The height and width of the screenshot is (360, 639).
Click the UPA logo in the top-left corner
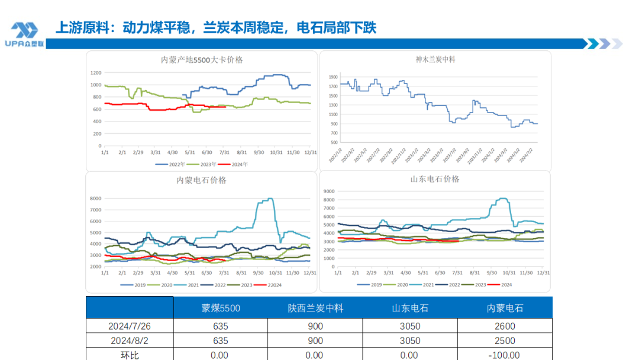click(x=24, y=34)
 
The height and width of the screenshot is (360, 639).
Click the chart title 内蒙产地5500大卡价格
click(x=202, y=60)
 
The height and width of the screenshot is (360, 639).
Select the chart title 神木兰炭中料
click(x=435, y=59)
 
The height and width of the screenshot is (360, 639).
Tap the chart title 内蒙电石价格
click(x=201, y=180)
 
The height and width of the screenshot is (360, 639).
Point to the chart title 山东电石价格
click(x=435, y=179)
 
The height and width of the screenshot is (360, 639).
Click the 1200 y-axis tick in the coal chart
click(x=96, y=72)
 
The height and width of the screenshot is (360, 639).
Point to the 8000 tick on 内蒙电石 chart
click(x=96, y=198)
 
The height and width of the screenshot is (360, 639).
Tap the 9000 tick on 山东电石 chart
click(x=328, y=191)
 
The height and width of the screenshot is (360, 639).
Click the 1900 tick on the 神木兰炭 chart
click(x=333, y=77)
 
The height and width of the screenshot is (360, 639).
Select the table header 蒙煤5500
click(x=221, y=308)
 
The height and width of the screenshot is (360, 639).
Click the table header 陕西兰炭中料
click(x=315, y=308)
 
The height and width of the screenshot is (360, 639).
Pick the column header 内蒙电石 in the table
click(x=505, y=308)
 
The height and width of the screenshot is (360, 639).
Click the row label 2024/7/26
click(x=130, y=326)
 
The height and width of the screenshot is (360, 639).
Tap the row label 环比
click(x=130, y=355)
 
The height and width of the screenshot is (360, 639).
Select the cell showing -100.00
click(x=505, y=355)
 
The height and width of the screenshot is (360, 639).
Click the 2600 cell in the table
click(x=505, y=326)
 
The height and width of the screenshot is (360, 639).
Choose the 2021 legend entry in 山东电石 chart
click(x=425, y=285)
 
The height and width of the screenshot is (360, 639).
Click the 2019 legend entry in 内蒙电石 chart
click(x=135, y=285)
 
